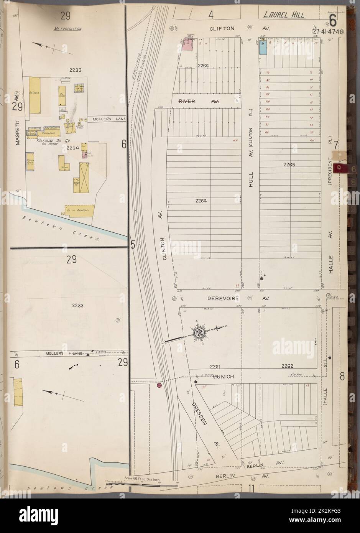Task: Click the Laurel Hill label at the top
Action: pos(284,15)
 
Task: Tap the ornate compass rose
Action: pos(199,332)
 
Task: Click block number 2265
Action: pos(289,165)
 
